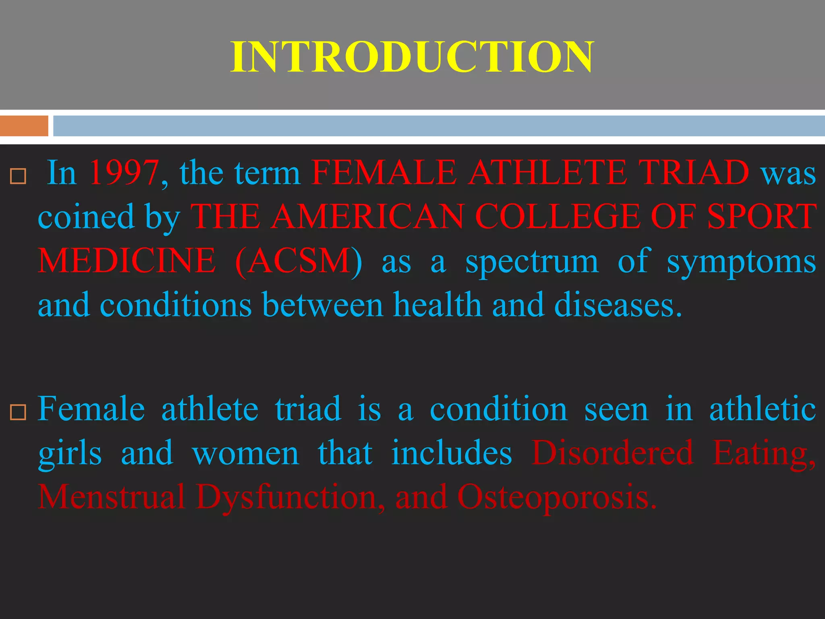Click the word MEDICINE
[x=126, y=261]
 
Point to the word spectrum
[x=532, y=261]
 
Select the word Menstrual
[x=112, y=497]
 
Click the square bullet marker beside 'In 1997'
[x=18, y=176]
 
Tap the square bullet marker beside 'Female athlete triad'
[x=18, y=412]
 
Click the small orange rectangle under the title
[x=24, y=126]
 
